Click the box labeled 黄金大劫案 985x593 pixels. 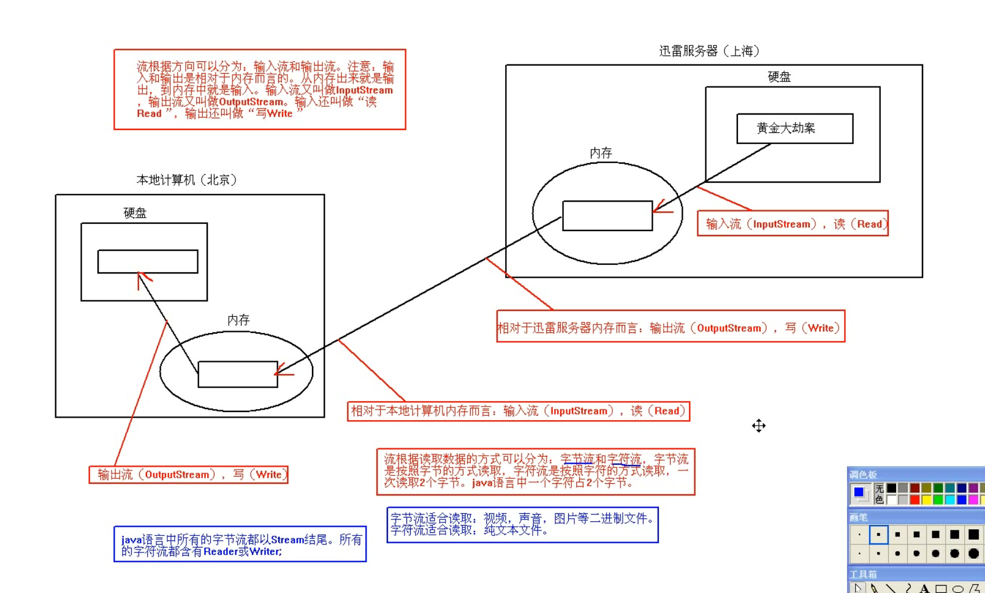point(794,129)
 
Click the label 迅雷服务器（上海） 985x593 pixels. point(709,51)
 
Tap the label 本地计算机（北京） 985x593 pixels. point(186,180)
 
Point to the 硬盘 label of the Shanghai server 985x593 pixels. point(779,77)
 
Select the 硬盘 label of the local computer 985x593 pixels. point(135,213)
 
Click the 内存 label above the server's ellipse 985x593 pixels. point(601,153)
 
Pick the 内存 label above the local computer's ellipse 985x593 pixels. point(238,319)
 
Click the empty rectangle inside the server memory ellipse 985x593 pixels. point(607,216)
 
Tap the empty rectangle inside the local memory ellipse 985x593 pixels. point(238,374)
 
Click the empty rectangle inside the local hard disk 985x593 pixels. point(148,261)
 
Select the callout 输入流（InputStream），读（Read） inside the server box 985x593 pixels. point(793,224)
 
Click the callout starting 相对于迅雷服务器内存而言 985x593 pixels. point(671,327)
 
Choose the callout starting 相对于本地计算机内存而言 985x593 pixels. point(518,411)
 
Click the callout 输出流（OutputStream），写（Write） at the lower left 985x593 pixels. point(189,475)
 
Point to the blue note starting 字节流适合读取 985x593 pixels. point(522,524)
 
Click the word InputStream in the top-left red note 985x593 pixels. point(364,90)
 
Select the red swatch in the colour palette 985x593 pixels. point(915,500)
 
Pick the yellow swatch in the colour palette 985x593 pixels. point(926,500)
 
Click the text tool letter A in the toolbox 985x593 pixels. point(924,589)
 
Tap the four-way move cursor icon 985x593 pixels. point(759,426)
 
